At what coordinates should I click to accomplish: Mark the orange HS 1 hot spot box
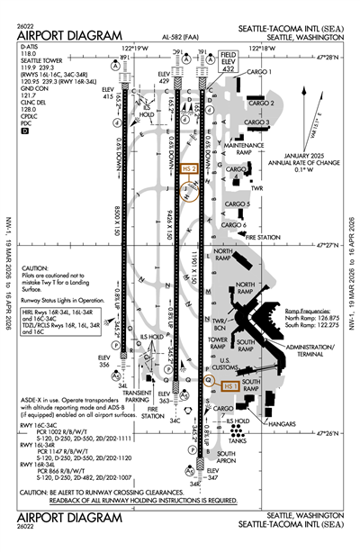point(229,386)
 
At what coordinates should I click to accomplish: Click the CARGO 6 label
point(234,224)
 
